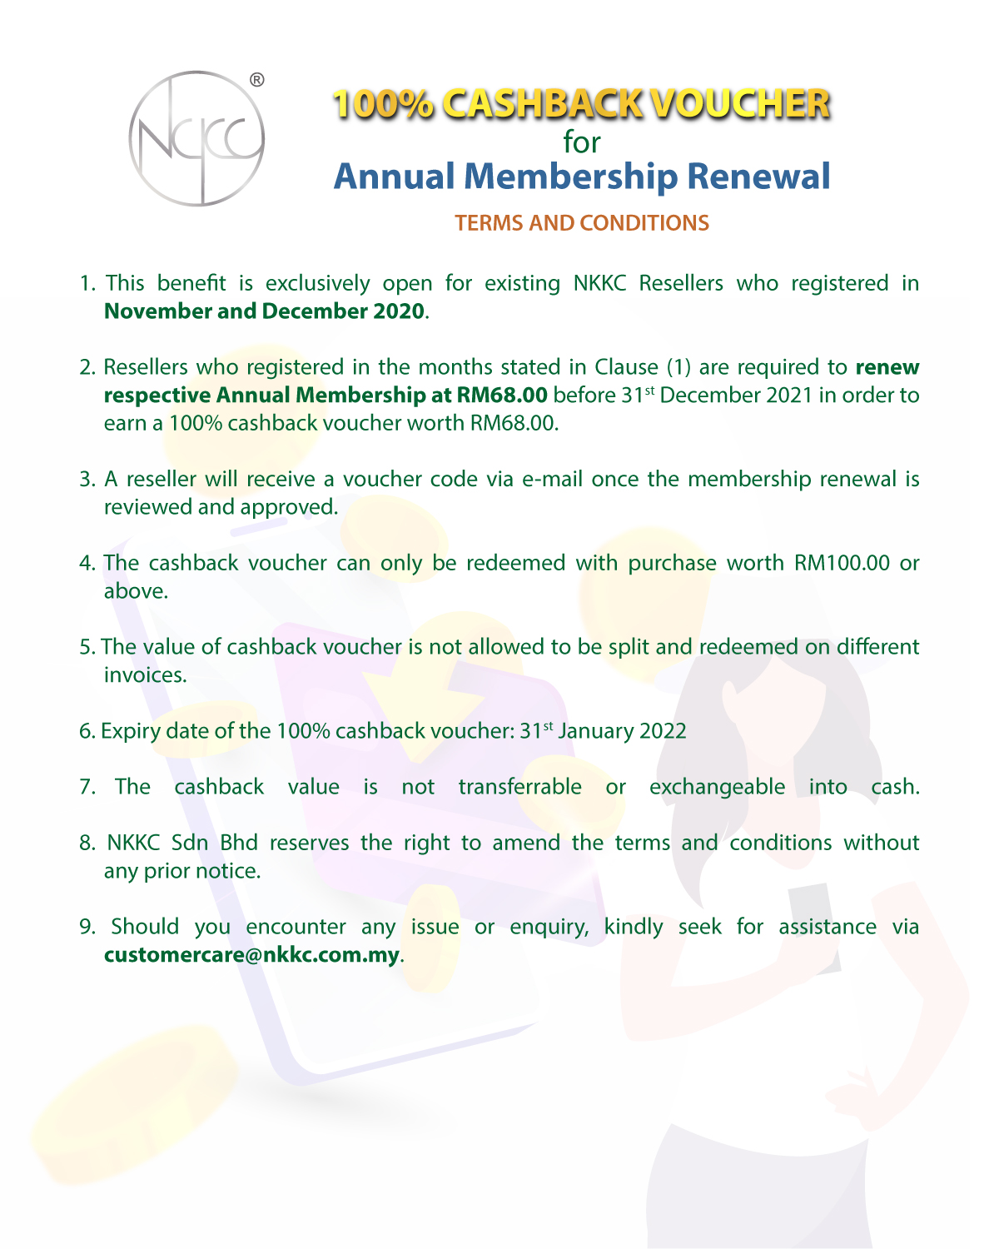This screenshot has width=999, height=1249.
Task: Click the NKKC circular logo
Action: coord(196,138)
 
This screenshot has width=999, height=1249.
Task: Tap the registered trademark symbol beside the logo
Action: coord(257,80)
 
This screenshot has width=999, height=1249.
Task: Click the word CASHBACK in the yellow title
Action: coord(542,104)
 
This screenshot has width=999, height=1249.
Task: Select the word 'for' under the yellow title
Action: coord(581,142)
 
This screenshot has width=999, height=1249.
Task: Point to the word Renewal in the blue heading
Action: coord(758,177)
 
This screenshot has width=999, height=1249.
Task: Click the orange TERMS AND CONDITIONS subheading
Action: coord(581,223)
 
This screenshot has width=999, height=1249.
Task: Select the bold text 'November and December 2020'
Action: coord(264,311)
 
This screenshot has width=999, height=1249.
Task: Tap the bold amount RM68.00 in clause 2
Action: coord(502,395)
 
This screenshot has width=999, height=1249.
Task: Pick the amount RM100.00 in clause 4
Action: coord(842,563)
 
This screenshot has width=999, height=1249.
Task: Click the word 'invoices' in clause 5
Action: coord(144,675)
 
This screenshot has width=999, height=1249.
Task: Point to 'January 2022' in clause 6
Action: coord(622,731)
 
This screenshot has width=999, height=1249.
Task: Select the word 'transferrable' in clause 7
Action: coord(519,787)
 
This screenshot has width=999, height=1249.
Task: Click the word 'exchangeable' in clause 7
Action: coord(717,787)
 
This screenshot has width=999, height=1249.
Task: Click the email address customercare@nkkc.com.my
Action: coord(251,955)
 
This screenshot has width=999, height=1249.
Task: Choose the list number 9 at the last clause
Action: coord(87,927)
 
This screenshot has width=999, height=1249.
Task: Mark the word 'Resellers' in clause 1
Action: coord(681,284)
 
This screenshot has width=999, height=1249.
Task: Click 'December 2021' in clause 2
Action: coord(735,395)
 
